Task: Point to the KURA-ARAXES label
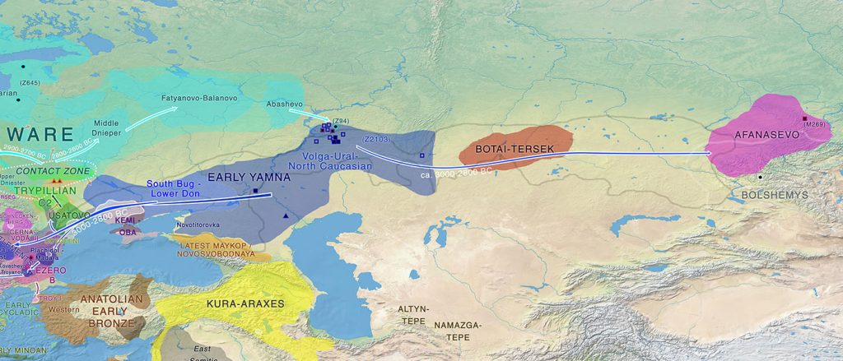246,303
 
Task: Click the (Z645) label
30,83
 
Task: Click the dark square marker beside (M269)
805,118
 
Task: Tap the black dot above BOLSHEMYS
760,176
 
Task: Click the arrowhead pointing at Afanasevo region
709,152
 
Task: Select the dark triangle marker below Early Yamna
286,215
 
